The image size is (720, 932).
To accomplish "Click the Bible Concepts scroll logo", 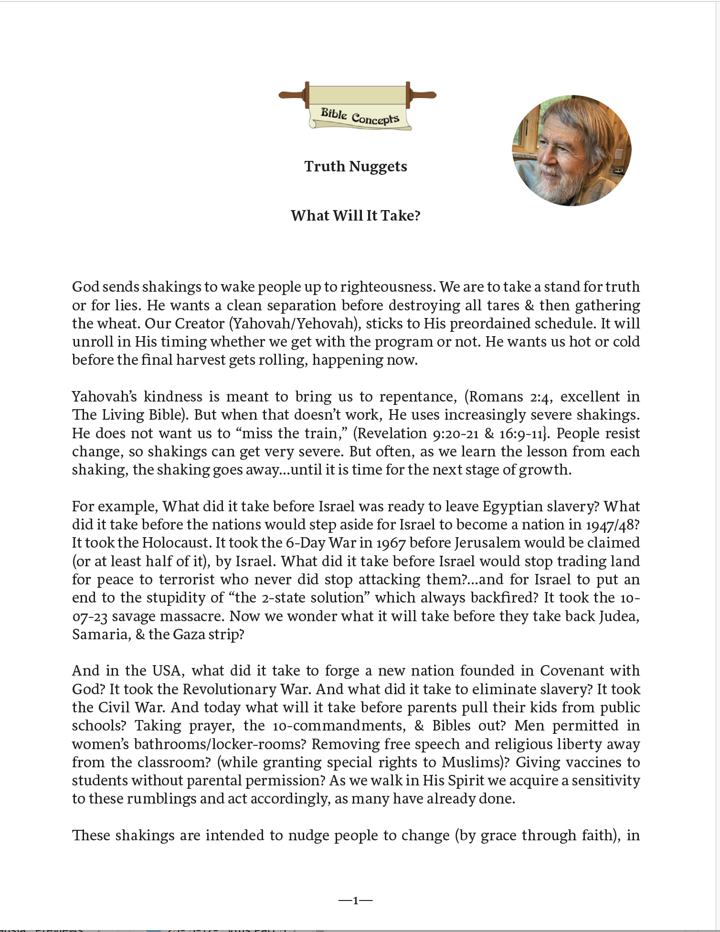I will tap(357, 106).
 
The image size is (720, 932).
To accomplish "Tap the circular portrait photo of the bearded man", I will tap(571, 150).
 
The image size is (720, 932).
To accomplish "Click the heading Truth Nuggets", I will tap(356, 167).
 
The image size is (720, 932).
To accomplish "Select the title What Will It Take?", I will tap(356, 216).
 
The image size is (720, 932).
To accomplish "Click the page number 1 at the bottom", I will tap(355, 901).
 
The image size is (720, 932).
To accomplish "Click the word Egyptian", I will tap(513, 507).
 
